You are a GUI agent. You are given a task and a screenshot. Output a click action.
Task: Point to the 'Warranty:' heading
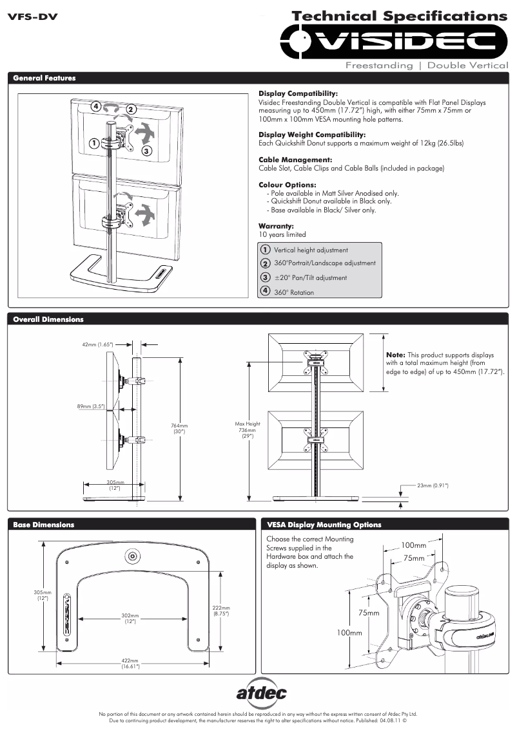pyautogui.click(x=276, y=226)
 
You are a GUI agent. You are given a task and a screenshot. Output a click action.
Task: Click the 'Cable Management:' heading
pyautogui.click(x=295, y=160)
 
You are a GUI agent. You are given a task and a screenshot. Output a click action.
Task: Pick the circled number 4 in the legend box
pyautogui.click(x=265, y=291)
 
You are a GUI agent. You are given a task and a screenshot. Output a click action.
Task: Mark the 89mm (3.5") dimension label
pyautogui.click(x=90, y=406)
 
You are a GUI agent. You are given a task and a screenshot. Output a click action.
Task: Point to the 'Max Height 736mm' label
pyautogui.click(x=248, y=429)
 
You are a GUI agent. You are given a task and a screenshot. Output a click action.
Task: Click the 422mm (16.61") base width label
pyautogui.click(x=131, y=663)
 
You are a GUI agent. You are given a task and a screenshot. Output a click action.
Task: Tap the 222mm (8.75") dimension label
pyautogui.click(x=221, y=610)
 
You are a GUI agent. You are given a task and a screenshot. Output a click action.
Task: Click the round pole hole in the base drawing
pyautogui.click(x=133, y=556)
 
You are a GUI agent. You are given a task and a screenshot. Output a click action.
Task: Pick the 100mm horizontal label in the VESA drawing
pyautogui.click(x=414, y=545)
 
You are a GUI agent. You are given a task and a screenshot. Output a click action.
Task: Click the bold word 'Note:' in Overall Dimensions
pyautogui.click(x=395, y=355)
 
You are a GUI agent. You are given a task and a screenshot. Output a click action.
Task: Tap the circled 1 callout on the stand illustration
pyautogui.click(x=94, y=143)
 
